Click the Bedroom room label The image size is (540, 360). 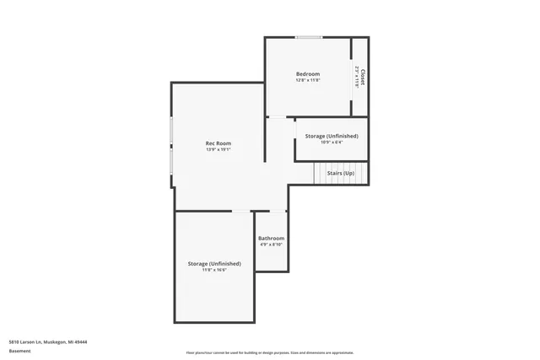pyautogui.click(x=307, y=74)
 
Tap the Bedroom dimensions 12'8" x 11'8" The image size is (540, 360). pyautogui.click(x=307, y=80)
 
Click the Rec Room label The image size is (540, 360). pyautogui.click(x=218, y=143)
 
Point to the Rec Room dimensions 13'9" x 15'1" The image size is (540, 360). pyautogui.click(x=218, y=149)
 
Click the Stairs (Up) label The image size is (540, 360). pyautogui.click(x=340, y=173)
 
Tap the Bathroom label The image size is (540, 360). pyautogui.click(x=271, y=238)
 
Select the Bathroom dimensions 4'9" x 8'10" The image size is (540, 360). pyautogui.click(x=271, y=244)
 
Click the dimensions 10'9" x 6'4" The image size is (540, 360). pyautogui.click(x=331, y=142)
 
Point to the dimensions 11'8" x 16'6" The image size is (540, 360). pyautogui.click(x=214, y=270)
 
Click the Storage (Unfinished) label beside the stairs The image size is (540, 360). pyautogui.click(x=331, y=136)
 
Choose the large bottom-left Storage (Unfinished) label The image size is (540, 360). pyautogui.click(x=214, y=264)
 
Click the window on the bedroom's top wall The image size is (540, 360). pyautogui.click(x=308, y=37)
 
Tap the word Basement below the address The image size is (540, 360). pyautogui.click(x=19, y=350)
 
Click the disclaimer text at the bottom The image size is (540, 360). pyautogui.click(x=269, y=352)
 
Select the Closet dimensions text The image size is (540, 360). pyautogui.click(x=357, y=76)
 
